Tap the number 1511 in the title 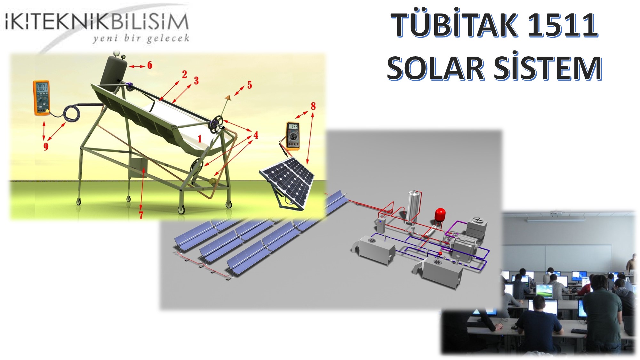[562, 25]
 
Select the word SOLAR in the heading [436, 68]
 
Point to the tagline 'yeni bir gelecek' [141, 39]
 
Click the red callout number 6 [150, 65]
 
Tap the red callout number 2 [184, 75]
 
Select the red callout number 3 [196, 81]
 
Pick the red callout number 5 [250, 85]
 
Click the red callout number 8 [313, 106]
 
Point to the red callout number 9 [46, 147]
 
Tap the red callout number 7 [141, 215]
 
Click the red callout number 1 [200, 139]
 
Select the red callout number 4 [256, 135]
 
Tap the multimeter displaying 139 [292, 136]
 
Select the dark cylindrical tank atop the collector [114, 70]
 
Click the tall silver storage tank [414, 206]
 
